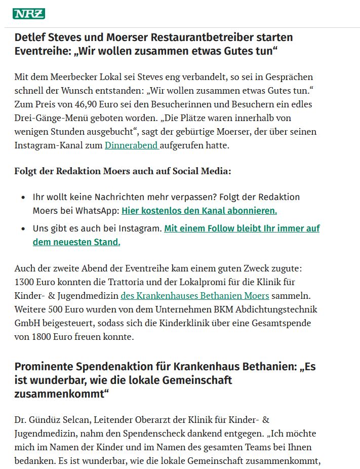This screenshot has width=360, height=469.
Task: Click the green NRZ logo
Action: [x=29, y=14]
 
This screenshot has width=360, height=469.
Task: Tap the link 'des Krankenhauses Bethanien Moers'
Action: [x=194, y=295]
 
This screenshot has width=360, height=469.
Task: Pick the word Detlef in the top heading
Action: [x=31, y=37]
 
